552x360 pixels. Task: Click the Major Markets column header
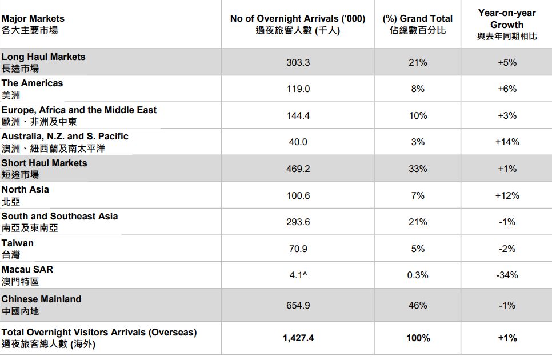[x=33, y=24]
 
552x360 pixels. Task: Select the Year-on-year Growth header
[x=507, y=25]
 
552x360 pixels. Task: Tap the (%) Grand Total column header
[x=418, y=25]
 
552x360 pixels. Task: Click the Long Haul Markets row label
[x=43, y=62]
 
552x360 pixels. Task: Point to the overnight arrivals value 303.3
[x=298, y=62]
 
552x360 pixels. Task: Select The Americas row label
[x=32, y=89]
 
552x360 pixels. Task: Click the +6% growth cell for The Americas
[x=507, y=89]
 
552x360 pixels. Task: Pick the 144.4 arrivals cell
[x=298, y=115]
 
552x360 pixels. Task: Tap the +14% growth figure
[x=507, y=142]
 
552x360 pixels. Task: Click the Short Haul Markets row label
[x=45, y=168]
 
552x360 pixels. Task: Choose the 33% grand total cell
[x=418, y=169]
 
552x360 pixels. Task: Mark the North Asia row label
[x=25, y=195]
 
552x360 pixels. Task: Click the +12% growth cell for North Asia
[x=507, y=195]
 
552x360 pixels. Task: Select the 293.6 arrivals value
[x=298, y=222]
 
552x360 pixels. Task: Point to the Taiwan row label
[x=18, y=248]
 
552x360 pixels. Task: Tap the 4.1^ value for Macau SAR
[x=298, y=275]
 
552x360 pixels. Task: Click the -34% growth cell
[x=507, y=275]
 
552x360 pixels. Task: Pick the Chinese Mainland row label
[x=41, y=305]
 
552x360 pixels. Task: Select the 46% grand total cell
[x=418, y=305]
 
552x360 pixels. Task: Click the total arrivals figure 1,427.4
[x=298, y=338]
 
